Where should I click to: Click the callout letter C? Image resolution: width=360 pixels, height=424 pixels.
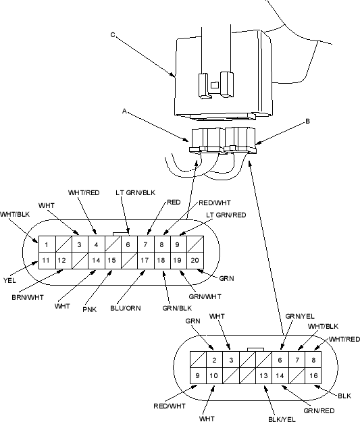coord(113,35)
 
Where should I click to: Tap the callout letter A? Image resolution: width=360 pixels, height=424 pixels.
coord(124,111)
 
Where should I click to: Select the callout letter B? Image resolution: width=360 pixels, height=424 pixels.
coord(307,122)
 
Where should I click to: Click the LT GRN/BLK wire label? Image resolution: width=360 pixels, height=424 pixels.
coord(136,193)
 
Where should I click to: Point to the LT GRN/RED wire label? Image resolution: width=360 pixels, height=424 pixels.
coord(226,215)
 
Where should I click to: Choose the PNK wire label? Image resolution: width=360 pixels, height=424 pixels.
coord(90,309)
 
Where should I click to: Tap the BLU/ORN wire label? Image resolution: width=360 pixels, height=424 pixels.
coord(126,309)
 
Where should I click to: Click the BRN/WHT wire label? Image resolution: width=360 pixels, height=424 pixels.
coord(28,298)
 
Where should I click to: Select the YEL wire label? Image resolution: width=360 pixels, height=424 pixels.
coord(9,280)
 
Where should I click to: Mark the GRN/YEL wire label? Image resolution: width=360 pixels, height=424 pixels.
coord(300,317)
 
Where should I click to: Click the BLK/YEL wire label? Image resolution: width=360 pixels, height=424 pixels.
coord(282,419)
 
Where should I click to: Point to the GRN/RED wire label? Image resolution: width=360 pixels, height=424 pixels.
coord(319,410)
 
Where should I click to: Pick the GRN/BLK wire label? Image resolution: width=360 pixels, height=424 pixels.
coord(177,309)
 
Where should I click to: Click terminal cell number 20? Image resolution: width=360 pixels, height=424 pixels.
coord(195,261)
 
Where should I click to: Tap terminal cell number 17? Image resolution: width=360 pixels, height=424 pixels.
coord(145,261)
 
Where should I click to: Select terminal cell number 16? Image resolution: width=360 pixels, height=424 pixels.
coord(313,376)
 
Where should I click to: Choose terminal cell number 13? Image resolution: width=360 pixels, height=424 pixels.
coord(263,376)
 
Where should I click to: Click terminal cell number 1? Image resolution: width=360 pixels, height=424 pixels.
coord(47,244)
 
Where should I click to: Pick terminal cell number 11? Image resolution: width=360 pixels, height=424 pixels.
coord(46,261)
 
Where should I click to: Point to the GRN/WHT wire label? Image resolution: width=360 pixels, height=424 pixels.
coord(205,296)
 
